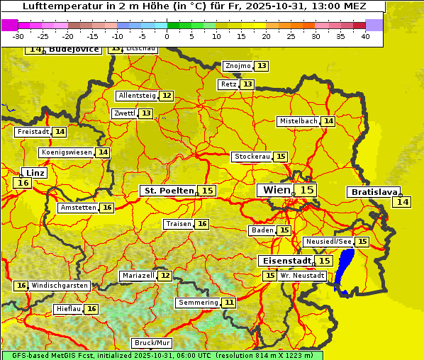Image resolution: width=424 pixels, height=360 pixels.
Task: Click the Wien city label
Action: click(276, 190)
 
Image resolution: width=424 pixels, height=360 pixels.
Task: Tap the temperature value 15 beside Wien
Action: click(306, 190)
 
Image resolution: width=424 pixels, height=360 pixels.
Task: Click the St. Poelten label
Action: click(168, 191)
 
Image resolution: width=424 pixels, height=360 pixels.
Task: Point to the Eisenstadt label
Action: click(284, 261)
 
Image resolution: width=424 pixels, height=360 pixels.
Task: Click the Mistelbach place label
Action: click(298, 121)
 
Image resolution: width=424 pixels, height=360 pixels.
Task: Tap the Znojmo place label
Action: click(238, 66)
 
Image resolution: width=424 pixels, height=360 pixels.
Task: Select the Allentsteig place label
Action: click(137, 96)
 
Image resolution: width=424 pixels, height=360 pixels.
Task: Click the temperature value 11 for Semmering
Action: click(228, 303)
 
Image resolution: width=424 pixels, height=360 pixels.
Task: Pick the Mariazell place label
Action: click(138, 276)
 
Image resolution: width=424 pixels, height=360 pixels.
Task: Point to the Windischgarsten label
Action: click(60, 286)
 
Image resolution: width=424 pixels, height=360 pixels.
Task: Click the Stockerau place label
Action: click(252, 157)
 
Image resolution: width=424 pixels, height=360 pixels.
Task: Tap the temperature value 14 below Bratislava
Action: click(402, 202)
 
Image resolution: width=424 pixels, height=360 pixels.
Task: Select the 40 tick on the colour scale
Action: click(365, 36)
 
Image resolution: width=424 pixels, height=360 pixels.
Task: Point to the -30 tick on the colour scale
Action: click(18, 36)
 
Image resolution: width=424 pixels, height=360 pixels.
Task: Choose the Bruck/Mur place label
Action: click(152, 343)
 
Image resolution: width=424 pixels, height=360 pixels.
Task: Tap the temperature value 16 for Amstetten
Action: click(106, 208)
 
